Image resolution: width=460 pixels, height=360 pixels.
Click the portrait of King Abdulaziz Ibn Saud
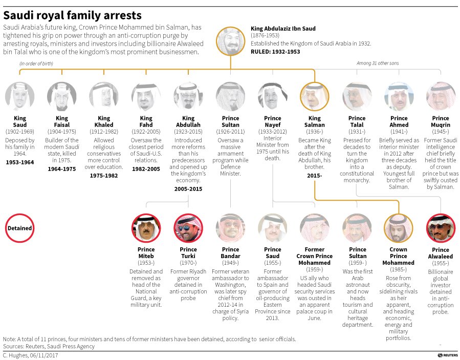point(230,43)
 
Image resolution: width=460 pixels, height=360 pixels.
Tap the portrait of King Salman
point(315,96)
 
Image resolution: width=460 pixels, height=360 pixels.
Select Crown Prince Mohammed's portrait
point(399,228)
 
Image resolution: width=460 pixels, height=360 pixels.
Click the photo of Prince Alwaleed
point(441,228)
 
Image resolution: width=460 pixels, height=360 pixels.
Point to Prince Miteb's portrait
point(146,228)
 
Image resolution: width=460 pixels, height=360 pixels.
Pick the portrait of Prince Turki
point(188,228)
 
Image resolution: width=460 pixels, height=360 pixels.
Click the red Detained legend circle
point(20,228)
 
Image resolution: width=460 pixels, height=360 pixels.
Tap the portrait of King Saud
point(20,96)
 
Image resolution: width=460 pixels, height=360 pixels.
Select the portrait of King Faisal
point(62,96)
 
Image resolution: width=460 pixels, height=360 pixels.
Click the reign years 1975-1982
point(104,175)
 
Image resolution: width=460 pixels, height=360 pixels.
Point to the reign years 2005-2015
point(188,188)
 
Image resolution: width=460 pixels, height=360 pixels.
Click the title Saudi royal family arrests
point(73,16)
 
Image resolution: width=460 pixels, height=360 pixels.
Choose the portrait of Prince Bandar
point(230,228)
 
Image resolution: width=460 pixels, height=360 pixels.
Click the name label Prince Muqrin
point(441,121)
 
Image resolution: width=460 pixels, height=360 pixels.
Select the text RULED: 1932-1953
point(275,52)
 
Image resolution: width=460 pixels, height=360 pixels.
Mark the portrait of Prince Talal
point(357,96)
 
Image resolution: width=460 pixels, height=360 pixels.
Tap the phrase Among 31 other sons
point(378,63)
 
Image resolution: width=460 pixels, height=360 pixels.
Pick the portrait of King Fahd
point(146,96)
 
